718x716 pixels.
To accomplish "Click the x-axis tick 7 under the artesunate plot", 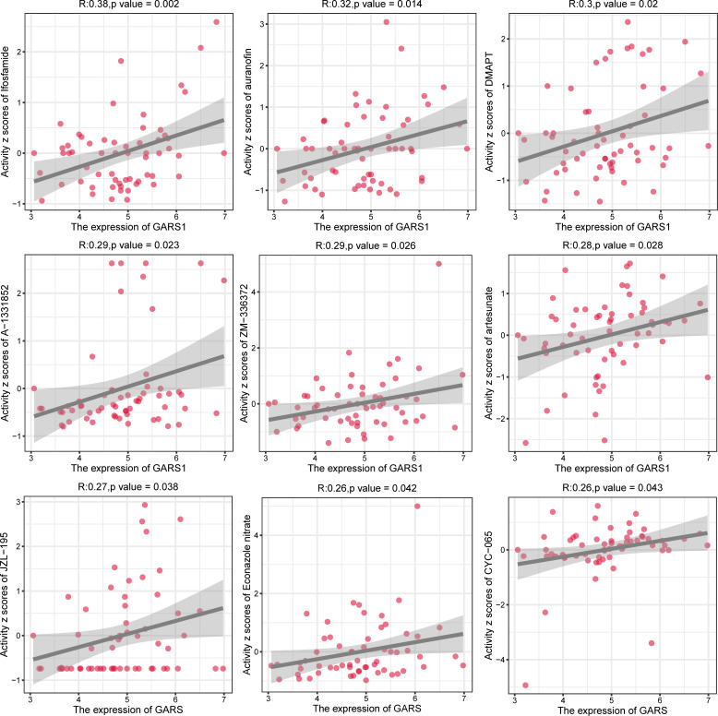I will point(707,457).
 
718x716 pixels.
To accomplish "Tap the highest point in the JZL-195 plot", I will point(145,505).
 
